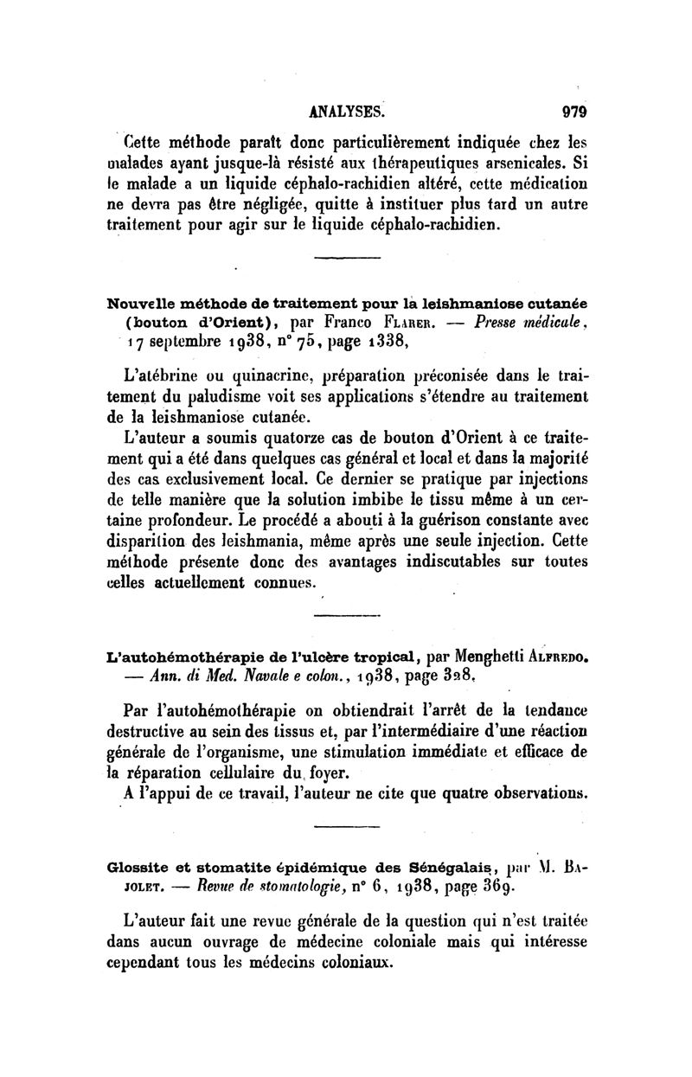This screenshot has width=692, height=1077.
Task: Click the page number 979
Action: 574,110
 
